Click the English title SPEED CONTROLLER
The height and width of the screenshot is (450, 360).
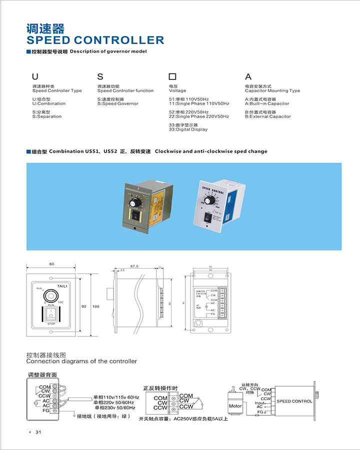click(x=95, y=40)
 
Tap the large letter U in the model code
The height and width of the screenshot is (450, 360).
click(x=35, y=77)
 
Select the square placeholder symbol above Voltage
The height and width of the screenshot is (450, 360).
click(x=172, y=77)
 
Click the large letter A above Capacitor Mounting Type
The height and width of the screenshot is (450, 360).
click(x=247, y=77)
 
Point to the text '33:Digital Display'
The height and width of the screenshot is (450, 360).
click(x=188, y=129)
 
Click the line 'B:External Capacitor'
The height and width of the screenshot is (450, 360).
click(x=267, y=117)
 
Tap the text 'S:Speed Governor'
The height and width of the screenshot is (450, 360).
click(x=117, y=104)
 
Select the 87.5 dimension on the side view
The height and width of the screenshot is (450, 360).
click(x=134, y=267)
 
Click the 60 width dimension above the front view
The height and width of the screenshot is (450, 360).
click(x=51, y=264)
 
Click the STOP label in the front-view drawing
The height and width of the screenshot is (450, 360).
click(x=51, y=324)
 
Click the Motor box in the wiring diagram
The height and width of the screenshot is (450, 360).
click(x=235, y=406)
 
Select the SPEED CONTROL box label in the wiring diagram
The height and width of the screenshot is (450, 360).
click(x=294, y=401)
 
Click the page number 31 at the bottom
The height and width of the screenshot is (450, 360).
click(x=38, y=432)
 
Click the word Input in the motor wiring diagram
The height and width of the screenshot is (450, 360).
click(x=259, y=402)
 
